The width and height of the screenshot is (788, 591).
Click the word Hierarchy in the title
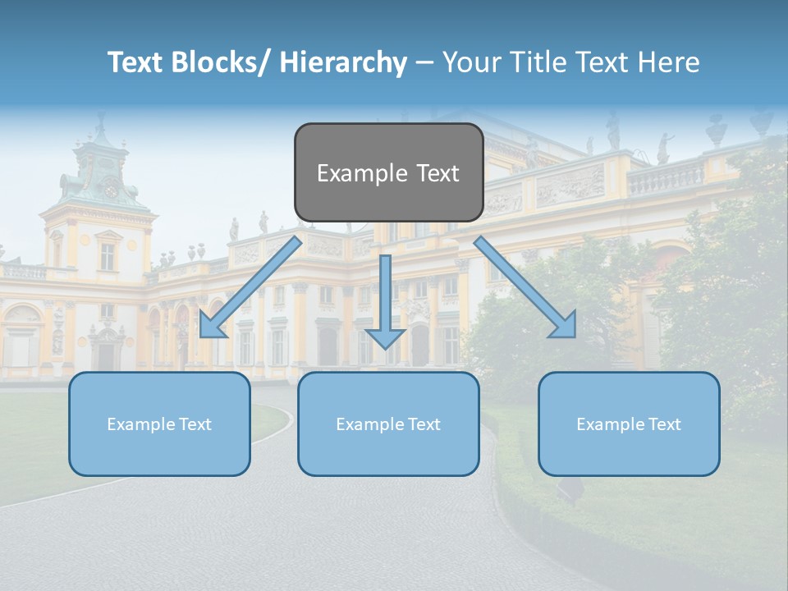coord(343,62)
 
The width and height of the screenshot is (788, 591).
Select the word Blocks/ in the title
coord(218,62)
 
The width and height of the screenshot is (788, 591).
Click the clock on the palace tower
coord(111,190)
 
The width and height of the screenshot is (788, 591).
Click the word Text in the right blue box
coord(664,424)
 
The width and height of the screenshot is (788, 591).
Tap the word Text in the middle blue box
coord(424,424)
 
